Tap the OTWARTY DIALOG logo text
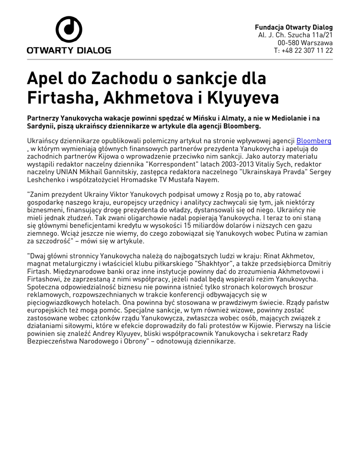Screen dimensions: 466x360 [69, 50]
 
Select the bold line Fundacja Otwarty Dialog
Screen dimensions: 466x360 [294, 27]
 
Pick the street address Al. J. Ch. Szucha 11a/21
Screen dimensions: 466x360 [295, 35]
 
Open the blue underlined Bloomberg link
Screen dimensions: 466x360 [314, 141]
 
